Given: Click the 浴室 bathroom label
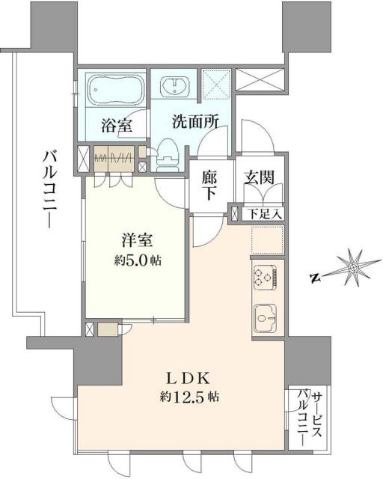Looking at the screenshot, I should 115,125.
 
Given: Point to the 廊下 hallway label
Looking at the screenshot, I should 211,186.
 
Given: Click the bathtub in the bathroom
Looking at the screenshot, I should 114,91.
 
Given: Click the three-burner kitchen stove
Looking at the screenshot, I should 266,279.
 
